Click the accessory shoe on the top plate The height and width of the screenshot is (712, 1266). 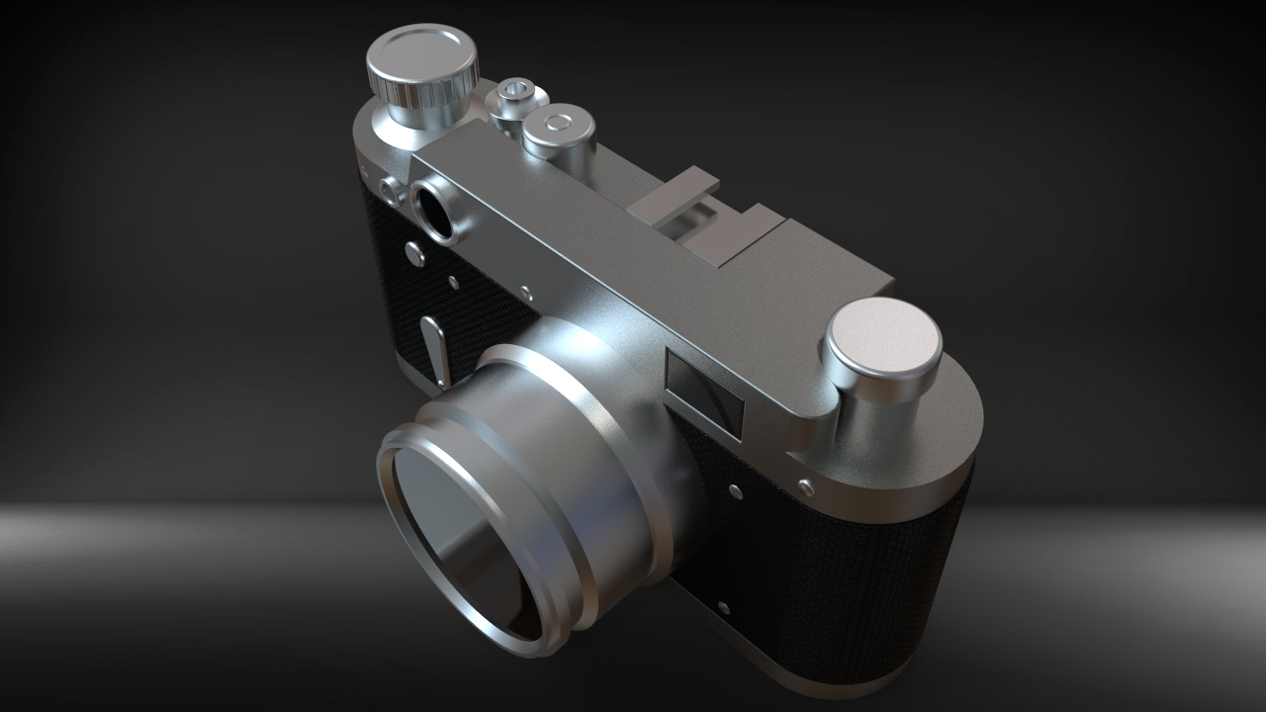point(692,213)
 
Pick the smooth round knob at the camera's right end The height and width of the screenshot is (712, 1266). point(882,336)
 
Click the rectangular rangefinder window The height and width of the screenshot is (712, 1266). point(705,393)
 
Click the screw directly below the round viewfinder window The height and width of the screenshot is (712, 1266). point(416,254)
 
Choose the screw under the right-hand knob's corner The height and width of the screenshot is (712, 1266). point(806,486)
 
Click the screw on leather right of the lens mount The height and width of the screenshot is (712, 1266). point(735,490)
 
